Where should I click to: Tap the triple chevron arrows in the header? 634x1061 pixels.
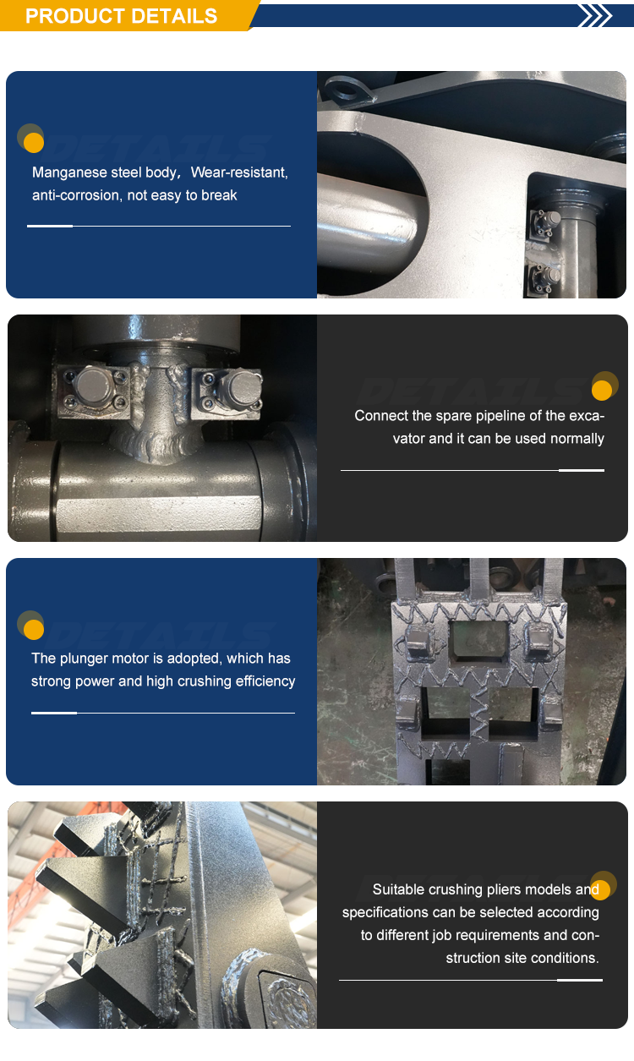coord(595,15)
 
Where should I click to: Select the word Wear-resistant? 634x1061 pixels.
coord(239,172)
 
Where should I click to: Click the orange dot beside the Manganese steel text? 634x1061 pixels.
coord(34,143)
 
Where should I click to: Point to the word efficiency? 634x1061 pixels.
coord(265,681)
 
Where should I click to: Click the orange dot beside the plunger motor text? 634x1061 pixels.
coord(34,630)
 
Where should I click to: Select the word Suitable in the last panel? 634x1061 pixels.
coord(398,889)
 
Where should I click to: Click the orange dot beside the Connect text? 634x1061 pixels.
coord(602,391)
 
